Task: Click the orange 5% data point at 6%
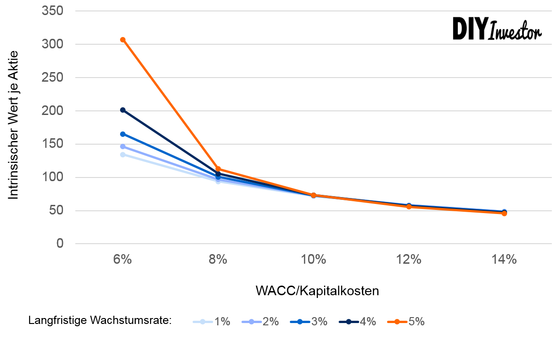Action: click(x=123, y=40)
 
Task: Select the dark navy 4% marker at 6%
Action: click(x=123, y=110)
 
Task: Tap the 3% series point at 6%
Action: click(x=123, y=134)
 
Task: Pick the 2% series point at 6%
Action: click(x=123, y=146)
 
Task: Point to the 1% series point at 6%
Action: click(x=123, y=155)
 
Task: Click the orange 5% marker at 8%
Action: click(x=218, y=169)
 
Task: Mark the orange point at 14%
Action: click(x=504, y=213)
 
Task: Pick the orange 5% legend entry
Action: click(x=406, y=322)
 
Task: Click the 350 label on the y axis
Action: click(x=52, y=11)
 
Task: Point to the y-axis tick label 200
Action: click(x=52, y=111)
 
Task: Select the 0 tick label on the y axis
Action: click(x=60, y=244)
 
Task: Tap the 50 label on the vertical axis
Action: click(x=56, y=211)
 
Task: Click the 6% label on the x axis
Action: click(x=123, y=260)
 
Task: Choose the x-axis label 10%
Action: click(x=314, y=260)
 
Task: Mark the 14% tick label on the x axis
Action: click(x=504, y=260)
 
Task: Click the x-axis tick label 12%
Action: click(x=409, y=260)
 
